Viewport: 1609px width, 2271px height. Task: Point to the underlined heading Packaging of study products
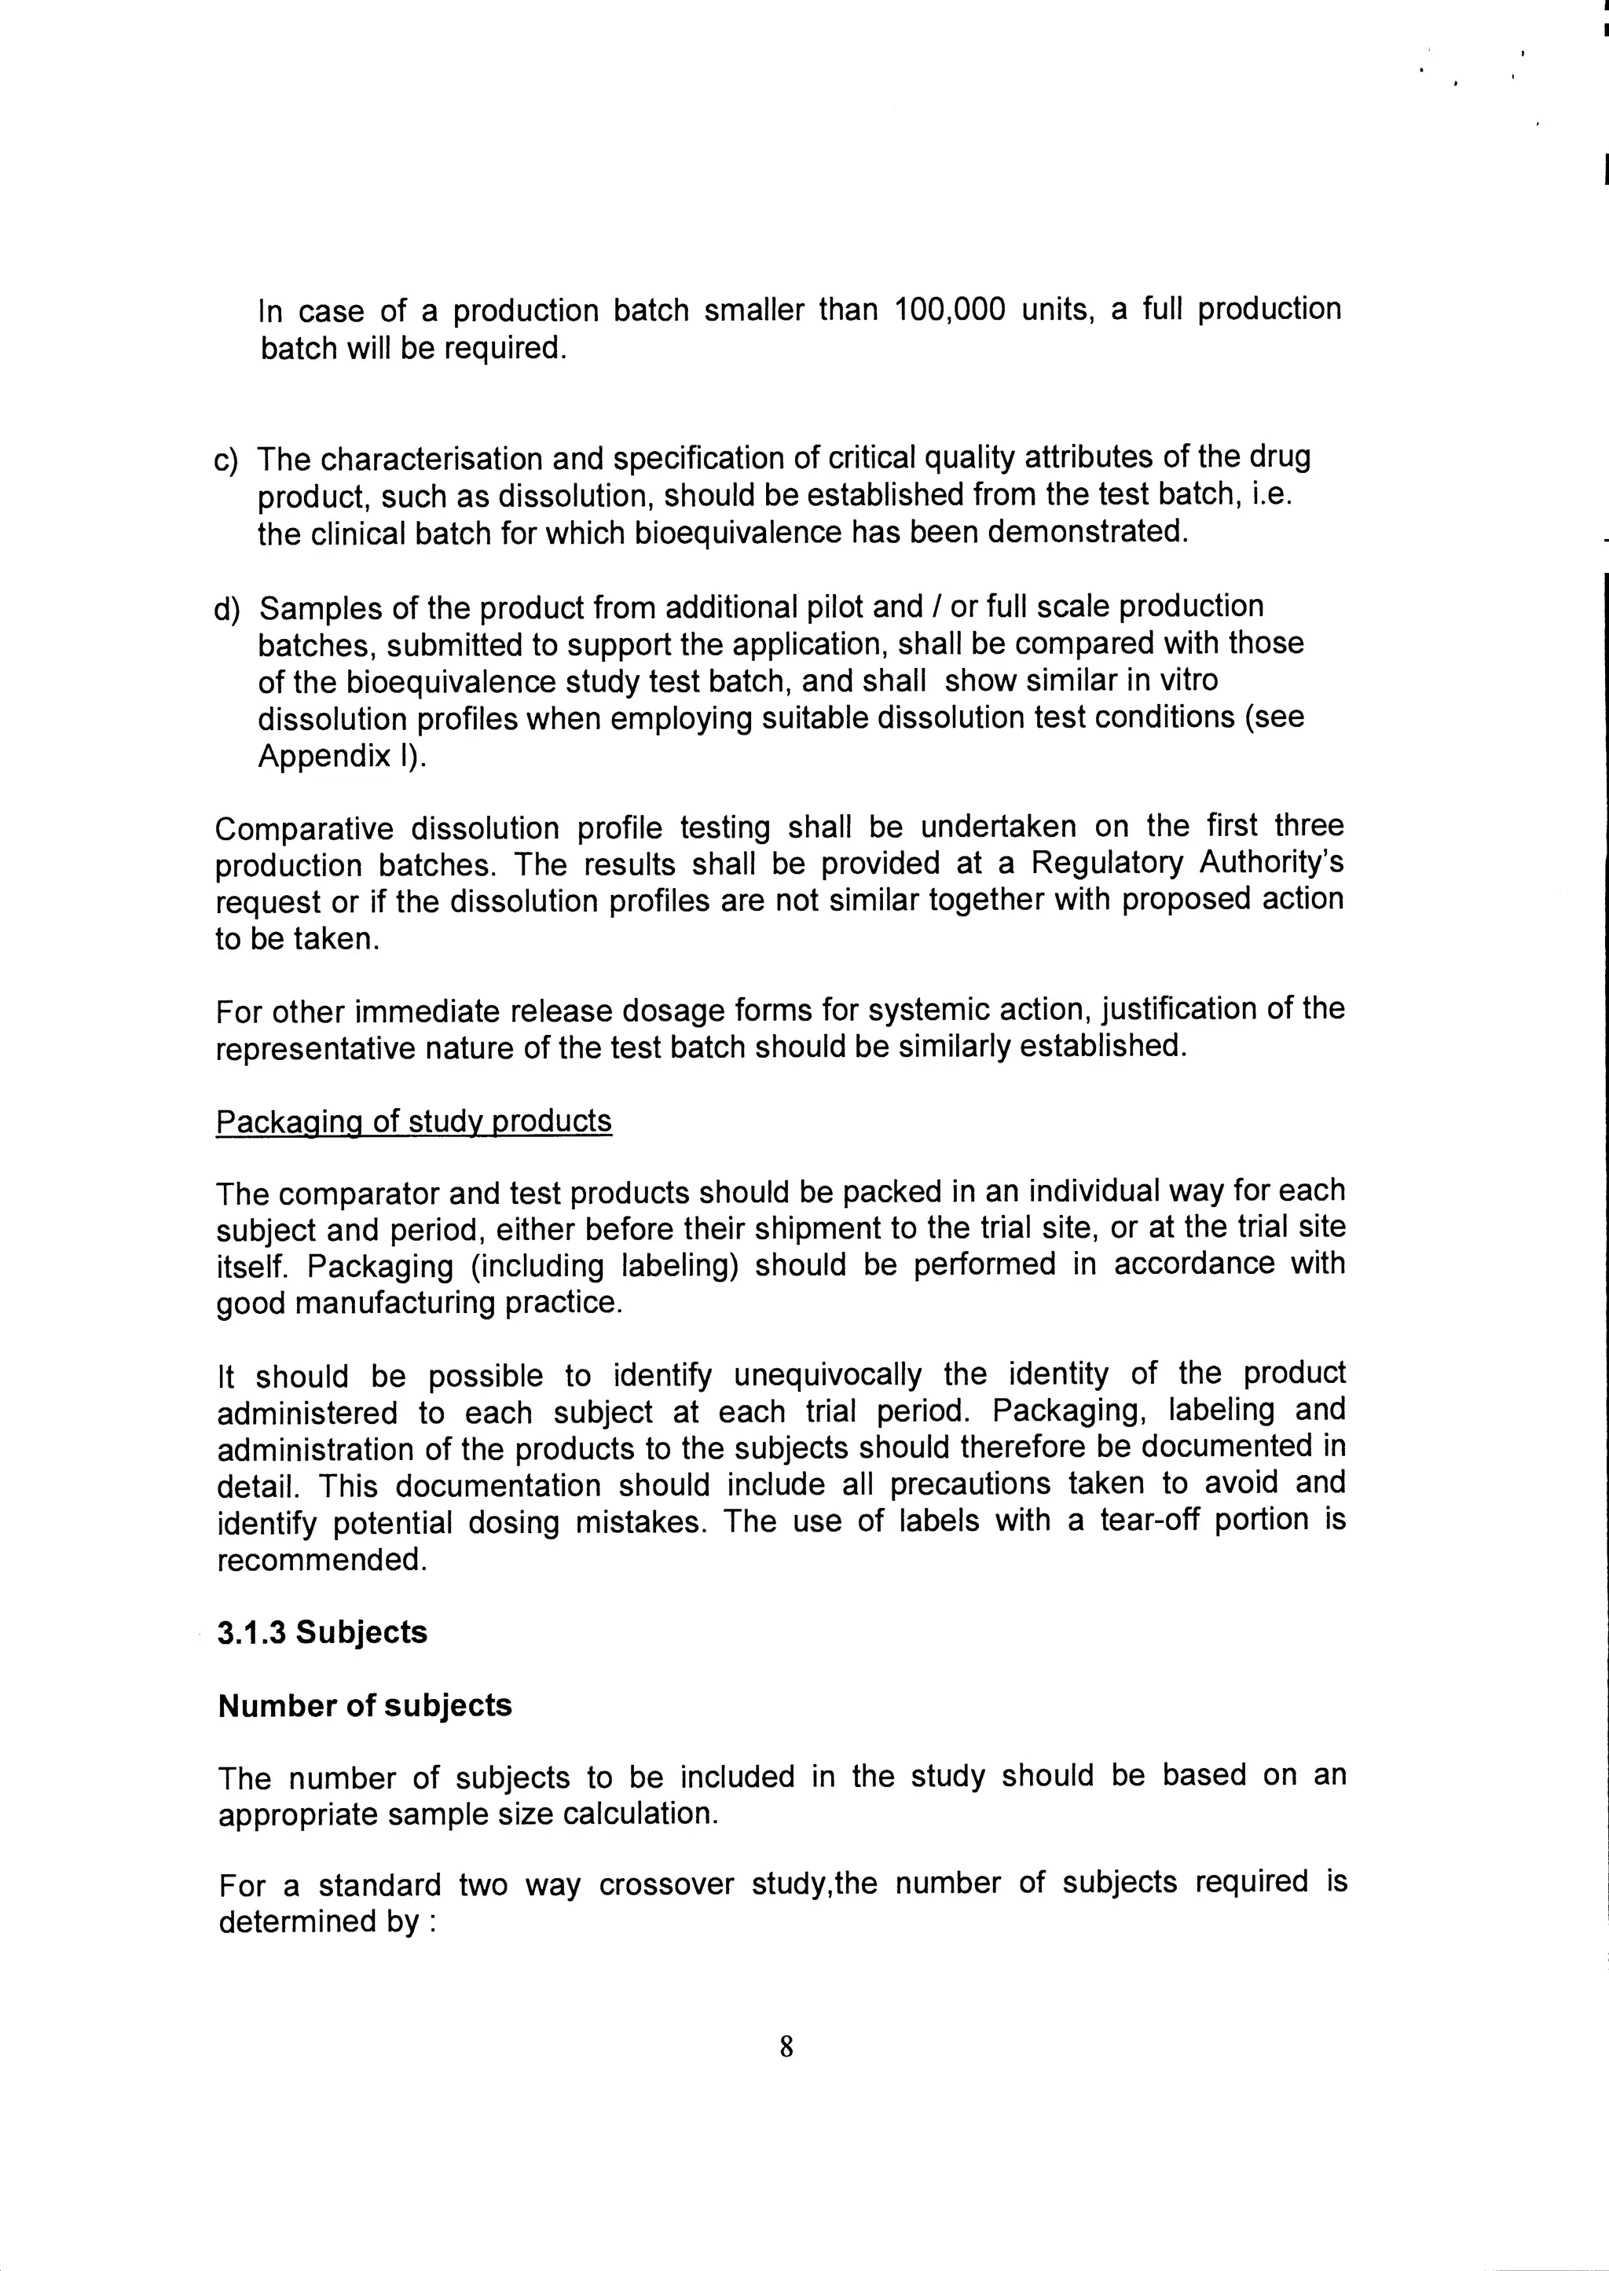click(413, 1121)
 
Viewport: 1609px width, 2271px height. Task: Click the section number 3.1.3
click(251, 1632)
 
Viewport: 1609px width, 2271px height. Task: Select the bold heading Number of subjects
click(365, 1705)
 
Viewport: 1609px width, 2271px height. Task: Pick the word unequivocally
click(827, 1374)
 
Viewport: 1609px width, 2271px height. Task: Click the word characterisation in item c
click(431, 460)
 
